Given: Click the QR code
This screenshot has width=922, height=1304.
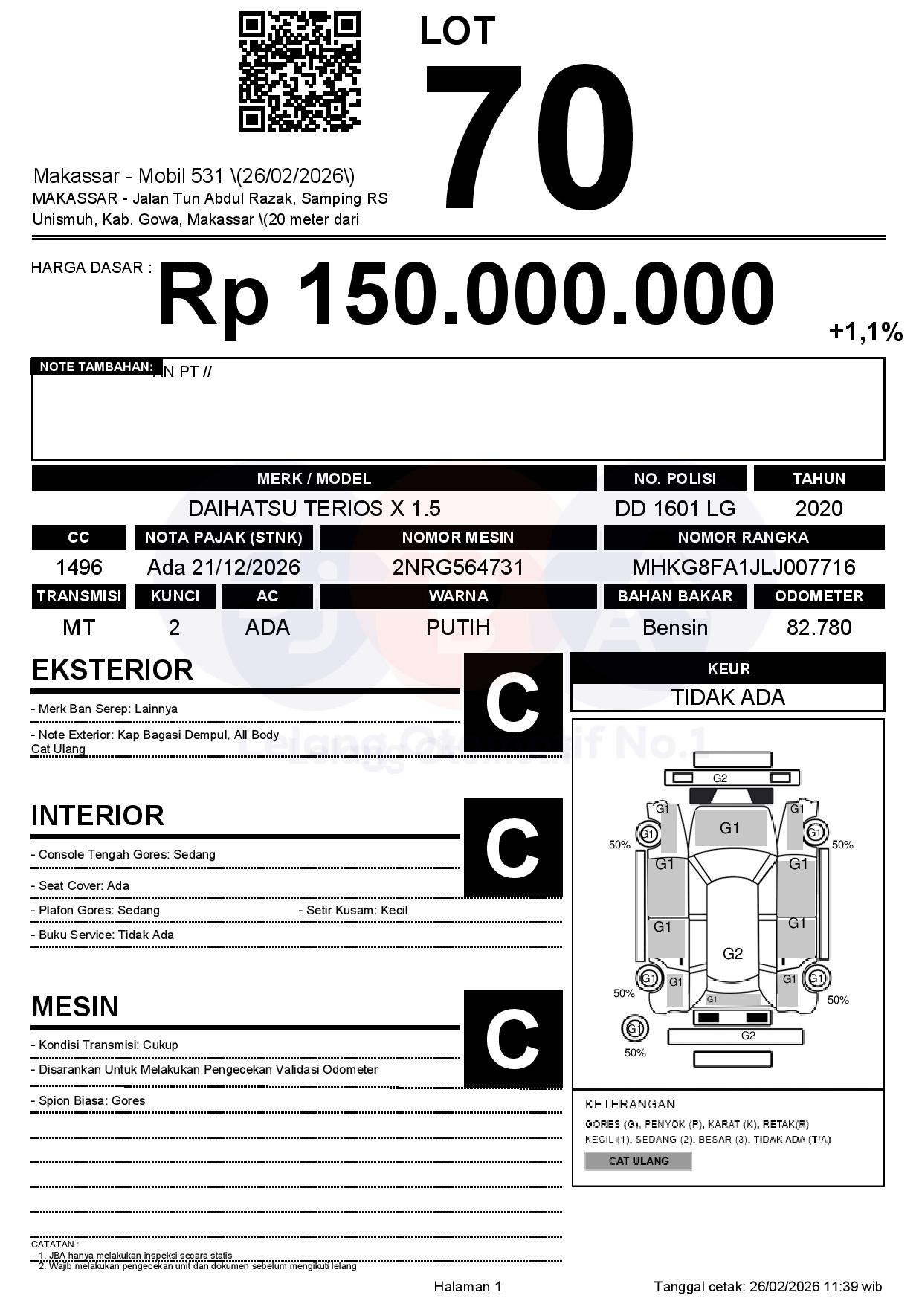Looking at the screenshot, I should point(299,71).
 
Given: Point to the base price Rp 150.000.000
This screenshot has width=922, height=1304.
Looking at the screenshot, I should point(465,294).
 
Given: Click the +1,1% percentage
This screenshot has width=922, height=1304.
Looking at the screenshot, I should point(865,332).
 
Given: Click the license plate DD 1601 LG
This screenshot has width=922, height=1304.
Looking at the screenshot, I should point(674,509).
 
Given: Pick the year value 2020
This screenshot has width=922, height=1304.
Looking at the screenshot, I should point(819,509).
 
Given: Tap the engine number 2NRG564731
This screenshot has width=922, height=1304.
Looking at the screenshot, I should point(458,567).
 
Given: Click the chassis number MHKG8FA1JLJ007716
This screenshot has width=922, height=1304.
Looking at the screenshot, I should point(743,567).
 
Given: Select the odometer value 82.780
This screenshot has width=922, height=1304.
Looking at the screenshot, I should point(819,627).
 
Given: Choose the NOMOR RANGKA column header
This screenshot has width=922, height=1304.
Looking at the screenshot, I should point(743,538).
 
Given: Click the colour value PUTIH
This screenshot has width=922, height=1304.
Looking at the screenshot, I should point(458,627).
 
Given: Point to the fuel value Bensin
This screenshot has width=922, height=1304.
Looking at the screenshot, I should point(674,627).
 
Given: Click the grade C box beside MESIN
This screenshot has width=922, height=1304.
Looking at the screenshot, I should point(513,1038).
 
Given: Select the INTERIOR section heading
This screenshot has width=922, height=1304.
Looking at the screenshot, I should point(97,816).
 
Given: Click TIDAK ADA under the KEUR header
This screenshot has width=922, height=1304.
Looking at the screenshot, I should point(728,697).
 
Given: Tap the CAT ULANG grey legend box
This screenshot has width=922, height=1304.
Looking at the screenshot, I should point(638,1161).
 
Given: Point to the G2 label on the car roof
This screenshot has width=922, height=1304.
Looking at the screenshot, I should point(732,953).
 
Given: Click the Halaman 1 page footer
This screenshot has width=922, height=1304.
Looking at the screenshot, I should point(468,1287).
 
